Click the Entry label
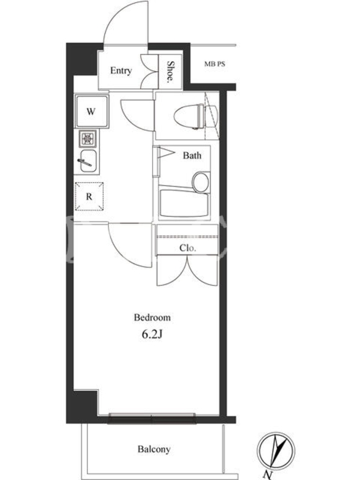(x=121, y=70)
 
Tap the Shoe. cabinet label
(x=170, y=72)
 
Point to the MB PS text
(x=215, y=64)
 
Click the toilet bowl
(x=189, y=116)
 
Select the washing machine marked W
(x=92, y=111)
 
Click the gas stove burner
(x=88, y=139)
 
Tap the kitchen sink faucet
(x=85, y=163)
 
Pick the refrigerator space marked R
(x=89, y=196)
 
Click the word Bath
(x=192, y=155)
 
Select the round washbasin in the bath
(x=201, y=182)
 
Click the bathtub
(x=184, y=203)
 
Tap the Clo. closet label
(x=187, y=248)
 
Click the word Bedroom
(x=152, y=317)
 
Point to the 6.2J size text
(x=152, y=334)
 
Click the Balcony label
(x=154, y=449)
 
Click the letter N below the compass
(x=268, y=475)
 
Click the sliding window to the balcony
(x=152, y=418)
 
